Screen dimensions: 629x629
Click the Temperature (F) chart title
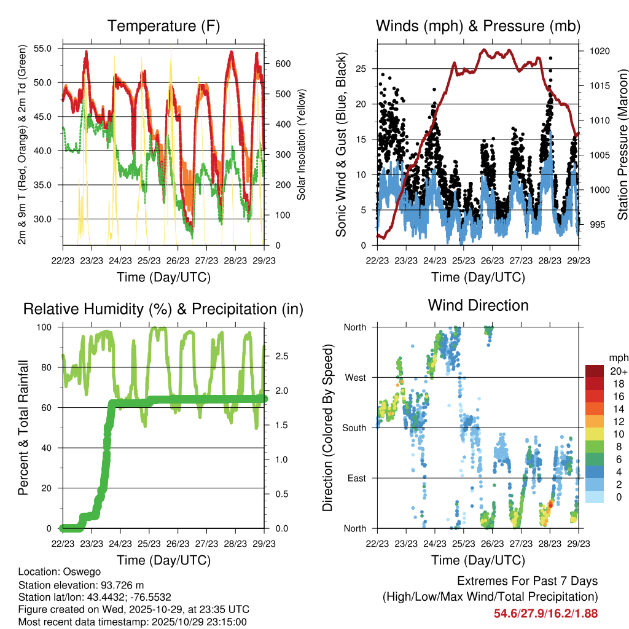[163, 26]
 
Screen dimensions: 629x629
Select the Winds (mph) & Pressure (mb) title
[479, 26]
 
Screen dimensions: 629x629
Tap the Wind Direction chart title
[479, 305]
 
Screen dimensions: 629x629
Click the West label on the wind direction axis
[355, 377]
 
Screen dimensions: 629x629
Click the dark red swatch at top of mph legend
[595, 371]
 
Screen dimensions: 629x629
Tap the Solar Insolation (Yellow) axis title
[302, 144]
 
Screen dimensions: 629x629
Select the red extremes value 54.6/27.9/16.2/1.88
[545, 613]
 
